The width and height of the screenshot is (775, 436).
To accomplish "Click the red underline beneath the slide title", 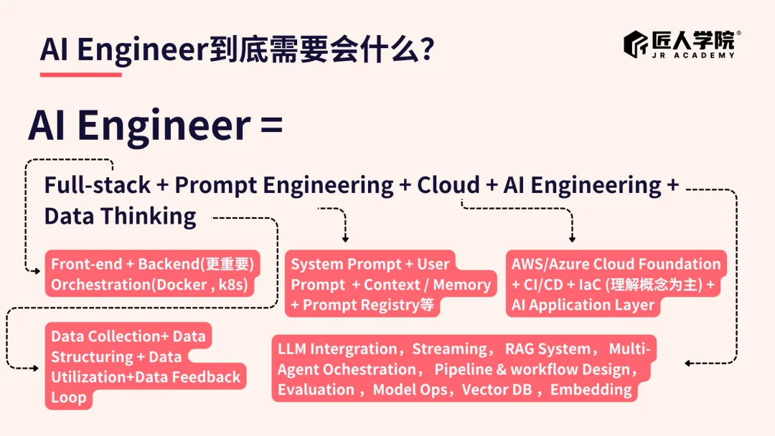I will point(80,74).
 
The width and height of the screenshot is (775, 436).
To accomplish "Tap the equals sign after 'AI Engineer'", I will point(271,125).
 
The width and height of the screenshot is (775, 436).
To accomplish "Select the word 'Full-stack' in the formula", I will point(98,185).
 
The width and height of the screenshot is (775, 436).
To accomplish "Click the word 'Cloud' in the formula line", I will point(448,185).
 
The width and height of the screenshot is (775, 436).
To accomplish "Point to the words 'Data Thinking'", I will point(120,216).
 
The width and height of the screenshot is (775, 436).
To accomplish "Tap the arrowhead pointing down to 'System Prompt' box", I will point(345,238).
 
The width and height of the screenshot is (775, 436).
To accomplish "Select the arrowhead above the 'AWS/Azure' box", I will point(572,238).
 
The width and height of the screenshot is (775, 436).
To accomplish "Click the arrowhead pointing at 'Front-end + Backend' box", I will point(36,270).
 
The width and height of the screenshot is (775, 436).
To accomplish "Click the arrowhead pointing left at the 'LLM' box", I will point(687,363).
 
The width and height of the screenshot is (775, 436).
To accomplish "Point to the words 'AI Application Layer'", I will point(582,305).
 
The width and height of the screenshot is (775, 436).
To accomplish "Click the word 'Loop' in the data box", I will point(68,398).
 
